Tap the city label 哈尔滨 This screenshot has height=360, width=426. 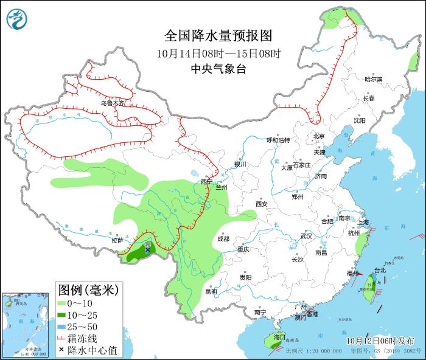373,80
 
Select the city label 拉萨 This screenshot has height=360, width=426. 117,240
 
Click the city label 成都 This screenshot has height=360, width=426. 223,239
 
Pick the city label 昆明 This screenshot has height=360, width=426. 211,291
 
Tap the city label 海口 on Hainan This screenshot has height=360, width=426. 279,337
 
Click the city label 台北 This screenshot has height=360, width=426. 380,270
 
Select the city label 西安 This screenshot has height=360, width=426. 262,204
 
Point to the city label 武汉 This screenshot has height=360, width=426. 306,236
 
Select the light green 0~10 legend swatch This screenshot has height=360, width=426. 61,302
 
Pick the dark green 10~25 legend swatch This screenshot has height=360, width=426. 61,314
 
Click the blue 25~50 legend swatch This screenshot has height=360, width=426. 61,327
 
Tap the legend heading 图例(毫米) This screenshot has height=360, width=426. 88,288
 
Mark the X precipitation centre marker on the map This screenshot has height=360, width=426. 147,249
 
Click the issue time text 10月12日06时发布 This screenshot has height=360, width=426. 381,341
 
